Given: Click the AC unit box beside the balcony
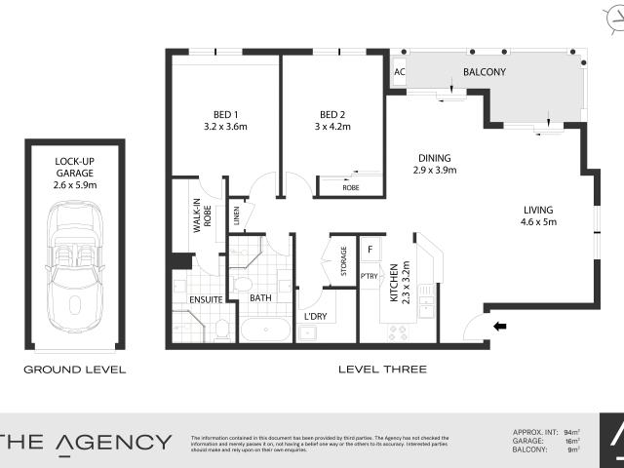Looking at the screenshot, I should click(399, 72).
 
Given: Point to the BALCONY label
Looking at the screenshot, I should click(484, 72).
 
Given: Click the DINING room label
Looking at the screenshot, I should click(435, 158).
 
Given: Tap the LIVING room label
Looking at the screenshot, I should click(537, 210).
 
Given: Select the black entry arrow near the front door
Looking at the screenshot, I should click(499, 327).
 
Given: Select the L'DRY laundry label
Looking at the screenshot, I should click(314, 317).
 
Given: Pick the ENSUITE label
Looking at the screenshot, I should click(207, 299).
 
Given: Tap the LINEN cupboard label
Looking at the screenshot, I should click(236, 212).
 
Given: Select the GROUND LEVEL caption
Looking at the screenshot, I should click(75, 370).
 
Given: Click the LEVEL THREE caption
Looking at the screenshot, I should click(381, 370).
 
